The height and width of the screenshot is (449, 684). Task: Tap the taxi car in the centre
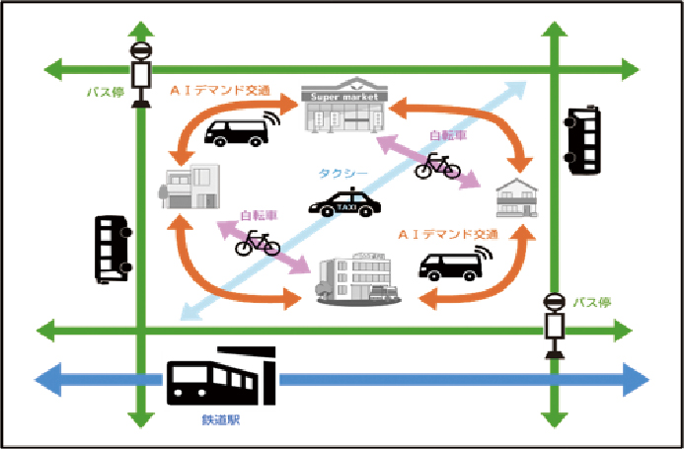point(343,205)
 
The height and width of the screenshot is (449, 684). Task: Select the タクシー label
point(342,174)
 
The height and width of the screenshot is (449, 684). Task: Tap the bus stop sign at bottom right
point(555,325)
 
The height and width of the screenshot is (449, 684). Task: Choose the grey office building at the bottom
point(356,277)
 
